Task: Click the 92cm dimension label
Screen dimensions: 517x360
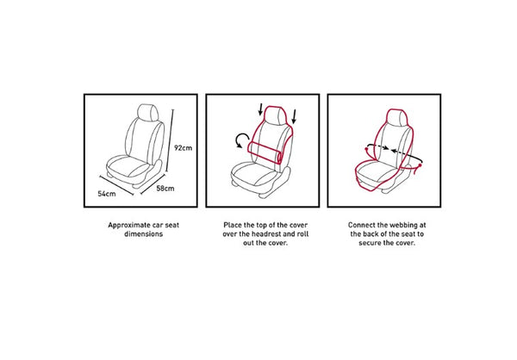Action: click(x=183, y=147)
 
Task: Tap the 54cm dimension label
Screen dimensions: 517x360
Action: click(x=107, y=194)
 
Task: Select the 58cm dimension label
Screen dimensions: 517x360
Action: click(x=165, y=189)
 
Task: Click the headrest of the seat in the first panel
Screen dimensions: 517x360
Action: click(x=147, y=112)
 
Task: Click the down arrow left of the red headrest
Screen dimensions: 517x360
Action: click(x=260, y=109)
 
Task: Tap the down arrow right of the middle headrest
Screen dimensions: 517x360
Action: click(x=294, y=117)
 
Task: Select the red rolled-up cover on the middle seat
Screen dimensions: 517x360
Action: click(x=265, y=152)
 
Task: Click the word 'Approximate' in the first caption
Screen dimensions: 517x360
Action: click(x=129, y=225)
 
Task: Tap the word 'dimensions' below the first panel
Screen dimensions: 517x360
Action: click(x=143, y=234)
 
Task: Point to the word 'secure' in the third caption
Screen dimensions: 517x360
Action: click(x=370, y=243)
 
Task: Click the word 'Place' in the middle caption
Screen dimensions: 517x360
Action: click(x=233, y=225)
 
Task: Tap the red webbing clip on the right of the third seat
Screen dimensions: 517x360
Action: click(x=419, y=167)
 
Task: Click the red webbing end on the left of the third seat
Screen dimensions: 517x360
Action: click(x=367, y=152)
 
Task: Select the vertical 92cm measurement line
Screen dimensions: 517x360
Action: click(x=170, y=140)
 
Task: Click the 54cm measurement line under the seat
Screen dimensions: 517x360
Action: click(x=116, y=185)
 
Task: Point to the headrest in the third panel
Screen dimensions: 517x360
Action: click(x=396, y=117)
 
